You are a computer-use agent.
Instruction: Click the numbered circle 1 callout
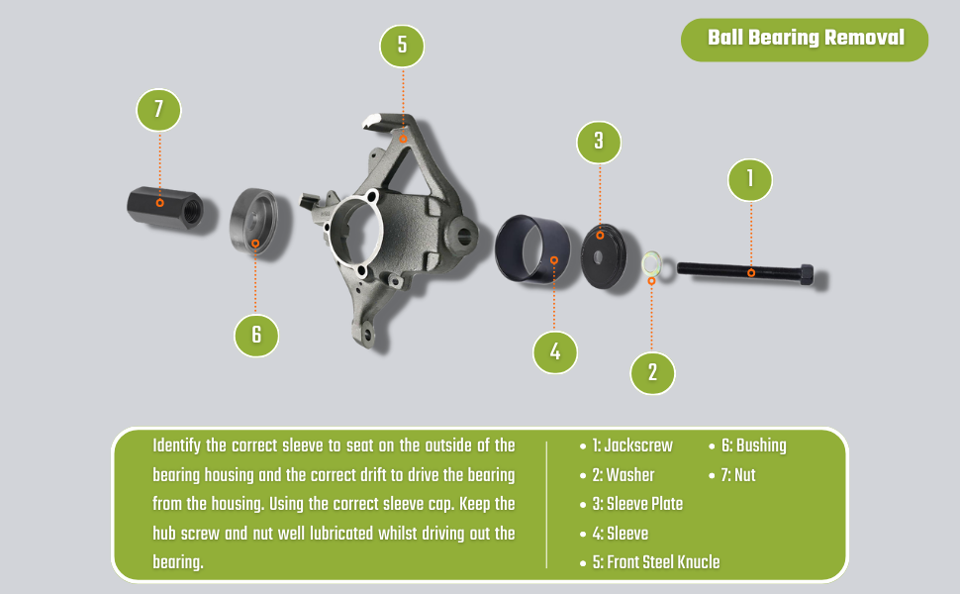(750, 179)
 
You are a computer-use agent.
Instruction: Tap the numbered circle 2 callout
(652, 372)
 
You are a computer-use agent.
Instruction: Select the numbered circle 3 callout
(599, 142)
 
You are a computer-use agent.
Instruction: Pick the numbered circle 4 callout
(555, 351)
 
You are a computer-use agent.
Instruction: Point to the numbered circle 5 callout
(403, 45)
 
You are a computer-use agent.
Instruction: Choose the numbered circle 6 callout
(256, 335)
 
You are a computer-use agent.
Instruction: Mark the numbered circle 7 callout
(158, 108)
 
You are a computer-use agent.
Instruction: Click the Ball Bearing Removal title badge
(806, 39)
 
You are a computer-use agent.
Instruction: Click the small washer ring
(651, 263)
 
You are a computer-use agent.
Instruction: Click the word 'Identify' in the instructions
(176, 445)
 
